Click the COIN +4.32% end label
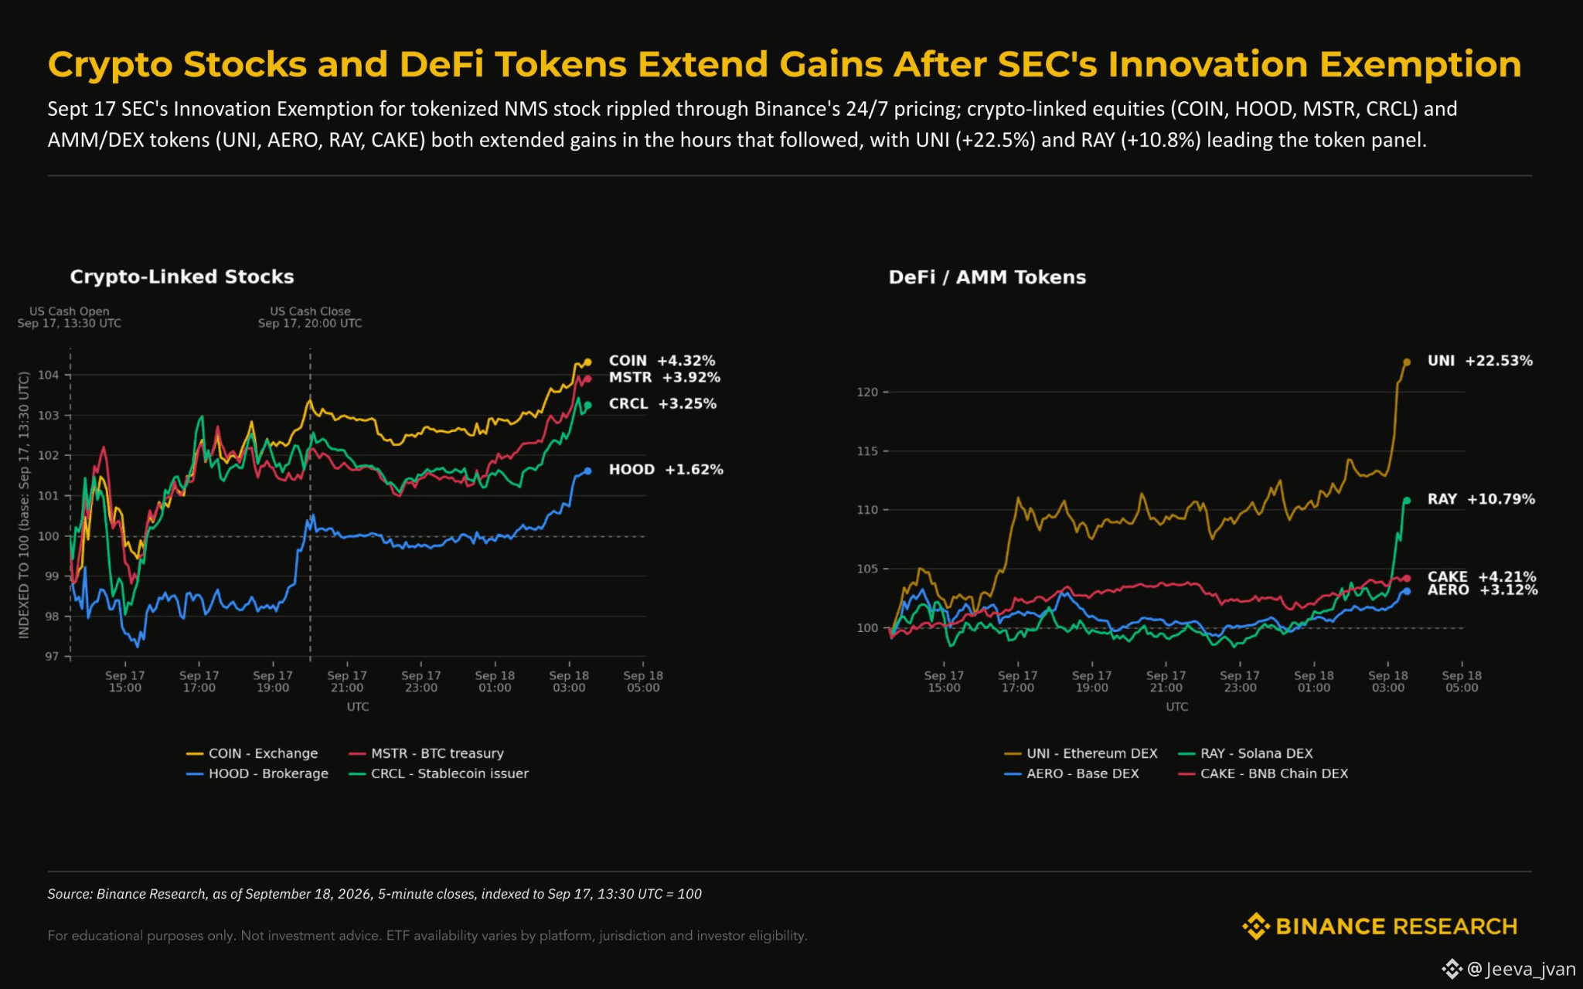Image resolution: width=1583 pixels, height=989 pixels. click(662, 361)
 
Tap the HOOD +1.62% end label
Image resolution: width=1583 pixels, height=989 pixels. click(666, 470)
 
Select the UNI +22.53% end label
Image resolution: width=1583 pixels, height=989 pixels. click(1479, 361)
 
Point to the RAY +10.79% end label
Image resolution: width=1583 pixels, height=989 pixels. click(1481, 499)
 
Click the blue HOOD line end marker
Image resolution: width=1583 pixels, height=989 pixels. click(587, 471)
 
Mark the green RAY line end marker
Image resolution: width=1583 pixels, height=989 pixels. click(1407, 501)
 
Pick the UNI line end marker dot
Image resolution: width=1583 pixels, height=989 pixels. click(1407, 362)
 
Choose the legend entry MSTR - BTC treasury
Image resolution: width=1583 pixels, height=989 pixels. click(426, 753)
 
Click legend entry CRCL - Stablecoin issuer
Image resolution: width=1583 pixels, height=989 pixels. click(438, 773)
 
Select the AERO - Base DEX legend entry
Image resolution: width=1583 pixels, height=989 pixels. click(1071, 773)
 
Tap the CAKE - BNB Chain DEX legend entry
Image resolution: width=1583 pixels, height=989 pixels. click(1263, 773)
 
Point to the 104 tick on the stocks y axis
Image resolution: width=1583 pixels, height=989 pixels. click(49, 375)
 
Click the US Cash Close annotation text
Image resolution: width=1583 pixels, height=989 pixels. click(310, 317)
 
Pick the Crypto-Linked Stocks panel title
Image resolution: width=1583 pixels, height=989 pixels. click(182, 277)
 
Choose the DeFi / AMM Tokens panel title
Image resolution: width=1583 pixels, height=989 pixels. click(987, 277)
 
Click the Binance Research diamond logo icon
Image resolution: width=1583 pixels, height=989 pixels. click(1255, 926)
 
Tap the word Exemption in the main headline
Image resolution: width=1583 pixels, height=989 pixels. click(1421, 65)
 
